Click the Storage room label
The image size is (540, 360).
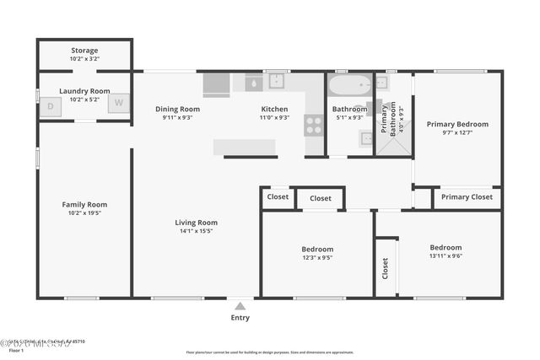84,51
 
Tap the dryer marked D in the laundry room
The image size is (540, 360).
50,105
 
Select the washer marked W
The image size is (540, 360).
118,104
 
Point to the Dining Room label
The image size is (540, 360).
177,109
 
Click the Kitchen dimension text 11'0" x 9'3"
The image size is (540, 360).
274,118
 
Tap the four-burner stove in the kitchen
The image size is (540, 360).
313,126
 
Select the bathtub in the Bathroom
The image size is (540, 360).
349,86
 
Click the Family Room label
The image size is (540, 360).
84,204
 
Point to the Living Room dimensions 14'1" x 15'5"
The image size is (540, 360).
196,231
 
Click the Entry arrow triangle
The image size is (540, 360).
240,306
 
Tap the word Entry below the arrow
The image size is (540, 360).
240,318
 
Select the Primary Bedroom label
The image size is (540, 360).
457,124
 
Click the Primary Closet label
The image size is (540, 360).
467,197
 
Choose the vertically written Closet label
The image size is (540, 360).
386,267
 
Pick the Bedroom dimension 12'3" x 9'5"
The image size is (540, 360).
317,258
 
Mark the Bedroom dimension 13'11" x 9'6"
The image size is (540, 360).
445,256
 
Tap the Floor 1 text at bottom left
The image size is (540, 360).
16,350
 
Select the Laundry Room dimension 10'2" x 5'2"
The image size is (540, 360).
84,99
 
